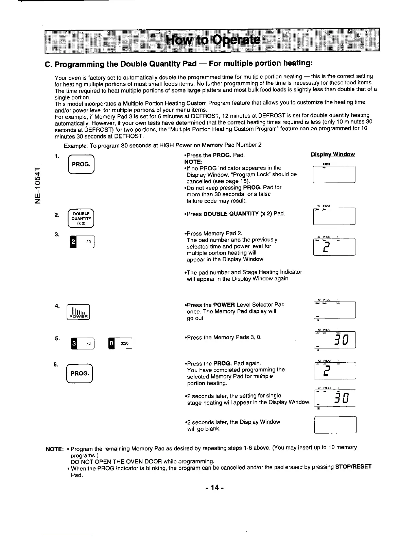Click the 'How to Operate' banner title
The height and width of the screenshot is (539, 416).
(x=213, y=40)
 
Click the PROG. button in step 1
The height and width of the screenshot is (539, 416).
(x=81, y=164)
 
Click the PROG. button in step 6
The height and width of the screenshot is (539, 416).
(x=80, y=374)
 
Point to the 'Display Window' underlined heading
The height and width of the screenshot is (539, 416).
(x=333, y=154)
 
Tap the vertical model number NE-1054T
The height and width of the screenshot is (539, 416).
(x=38, y=185)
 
